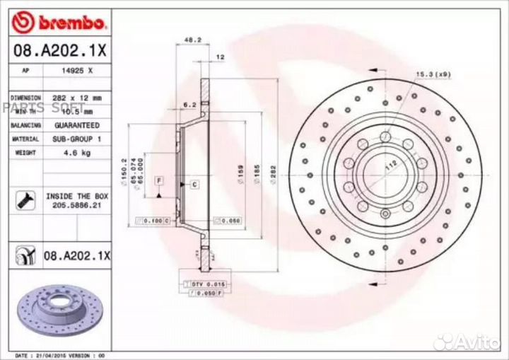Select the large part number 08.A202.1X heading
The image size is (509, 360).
[60, 52]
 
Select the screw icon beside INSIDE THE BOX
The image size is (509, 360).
[23, 200]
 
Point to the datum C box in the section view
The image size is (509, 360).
[193, 184]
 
